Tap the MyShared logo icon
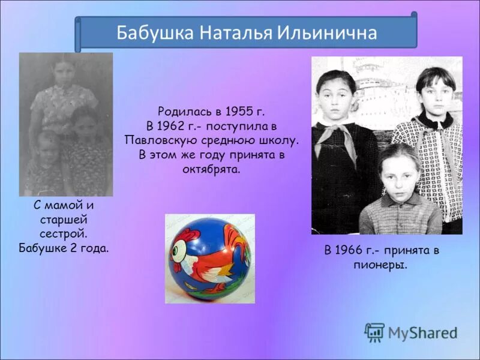click(374, 332)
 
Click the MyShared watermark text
click(422, 332)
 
